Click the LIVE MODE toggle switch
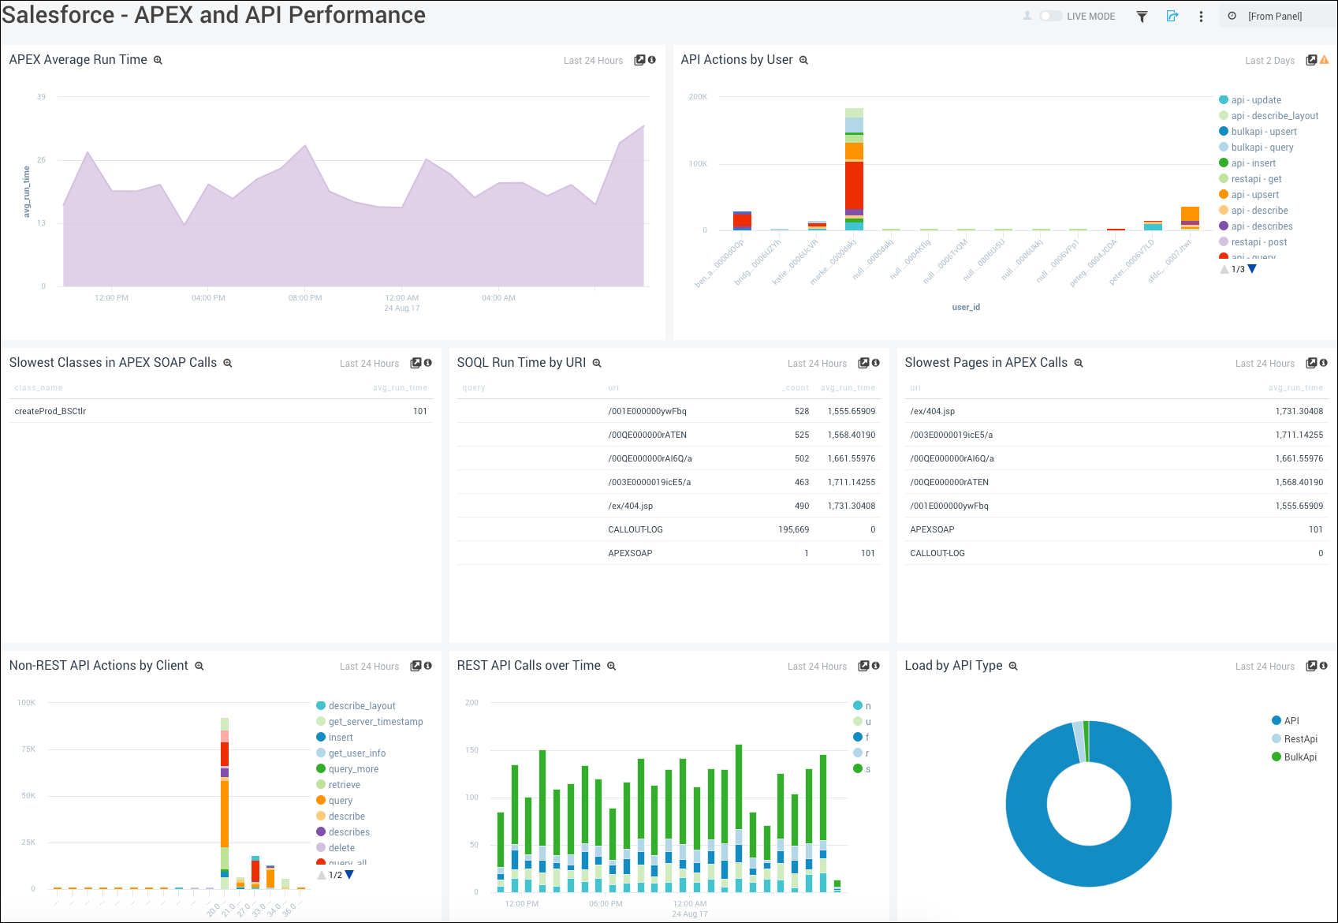[1050, 16]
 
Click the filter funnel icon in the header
[1141, 17]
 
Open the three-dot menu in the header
[1201, 17]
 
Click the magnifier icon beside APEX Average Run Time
[158, 60]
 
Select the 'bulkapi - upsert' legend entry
[1263, 132]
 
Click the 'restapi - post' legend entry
[1258, 242]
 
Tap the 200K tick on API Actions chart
[698, 97]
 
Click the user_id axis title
[966, 307]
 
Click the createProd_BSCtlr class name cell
[50, 411]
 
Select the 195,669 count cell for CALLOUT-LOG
[793, 529]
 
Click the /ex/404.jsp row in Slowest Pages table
[932, 411]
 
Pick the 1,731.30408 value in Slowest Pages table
[1299, 411]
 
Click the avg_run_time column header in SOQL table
[848, 387]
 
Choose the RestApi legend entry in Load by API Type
[1300, 739]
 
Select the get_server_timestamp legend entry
[375, 722]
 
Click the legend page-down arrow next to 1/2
[349, 874]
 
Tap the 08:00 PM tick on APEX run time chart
[305, 298]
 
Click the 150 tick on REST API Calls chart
[471, 750]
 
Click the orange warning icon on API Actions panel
[1324, 60]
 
